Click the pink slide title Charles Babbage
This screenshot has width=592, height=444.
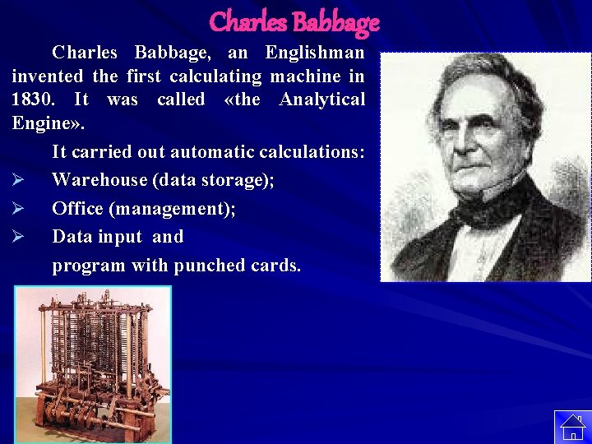click(294, 21)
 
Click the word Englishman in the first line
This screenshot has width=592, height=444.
click(314, 53)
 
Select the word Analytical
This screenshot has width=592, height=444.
click(321, 100)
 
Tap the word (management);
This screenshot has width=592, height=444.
click(176, 209)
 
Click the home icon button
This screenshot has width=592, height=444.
click(572, 427)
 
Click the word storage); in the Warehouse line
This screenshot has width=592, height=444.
click(239, 180)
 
